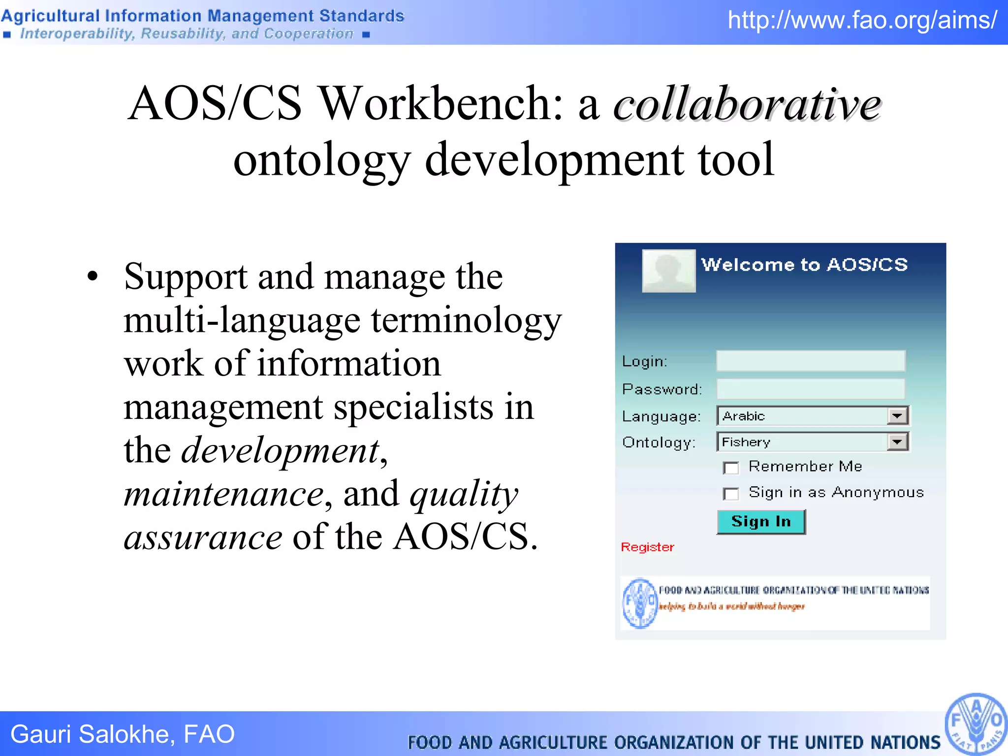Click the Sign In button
click(x=761, y=522)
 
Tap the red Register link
click(x=647, y=547)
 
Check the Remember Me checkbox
click(x=731, y=468)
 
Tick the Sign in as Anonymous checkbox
click(x=731, y=494)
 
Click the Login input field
click(x=811, y=361)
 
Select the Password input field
click(x=811, y=389)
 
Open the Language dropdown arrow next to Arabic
click(x=897, y=416)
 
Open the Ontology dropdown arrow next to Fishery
click(x=897, y=442)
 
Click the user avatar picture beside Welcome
click(x=669, y=271)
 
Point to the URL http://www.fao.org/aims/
click(x=862, y=21)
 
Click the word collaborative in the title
click(x=747, y=104)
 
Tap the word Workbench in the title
click(x=441, y=104)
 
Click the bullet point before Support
click(x=93, y=277)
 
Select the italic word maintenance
click(x=224, y=494)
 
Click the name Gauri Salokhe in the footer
click(x=90, y=734)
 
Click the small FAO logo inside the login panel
click(x=639, y=602)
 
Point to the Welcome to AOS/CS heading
click(x=804, y=265)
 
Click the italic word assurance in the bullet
click(x=203, y=537)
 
